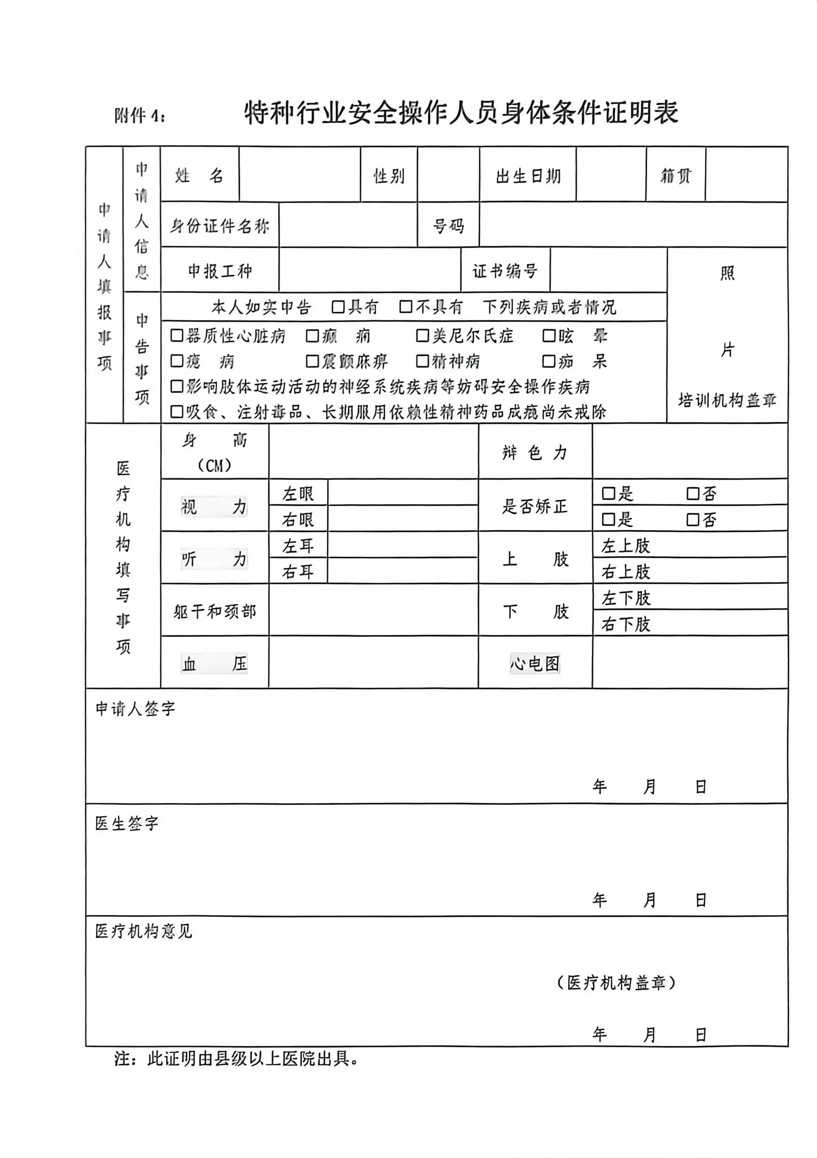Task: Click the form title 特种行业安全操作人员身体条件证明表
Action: (461, 113)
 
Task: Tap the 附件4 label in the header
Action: (140, 115)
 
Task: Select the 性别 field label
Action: (389, 176)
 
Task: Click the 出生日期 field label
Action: (528, 176)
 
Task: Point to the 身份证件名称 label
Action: (220, 226)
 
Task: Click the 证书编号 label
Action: (505, 271)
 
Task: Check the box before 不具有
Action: (406, 307)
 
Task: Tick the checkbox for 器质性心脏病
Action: (177, 335)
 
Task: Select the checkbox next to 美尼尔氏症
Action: (422, 335)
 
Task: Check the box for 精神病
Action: (422, 362)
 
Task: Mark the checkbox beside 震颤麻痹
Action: (312, 362)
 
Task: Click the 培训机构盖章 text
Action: (727, 400)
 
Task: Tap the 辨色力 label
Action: (535, 452)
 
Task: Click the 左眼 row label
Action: (298, 494)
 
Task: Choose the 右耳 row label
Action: (298, 572)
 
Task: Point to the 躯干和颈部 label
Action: (215, 611)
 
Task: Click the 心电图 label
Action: (535, 664)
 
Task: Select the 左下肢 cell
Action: (626, 598)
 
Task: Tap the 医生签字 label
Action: (127, 824)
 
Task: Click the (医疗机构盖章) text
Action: (616, 983)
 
